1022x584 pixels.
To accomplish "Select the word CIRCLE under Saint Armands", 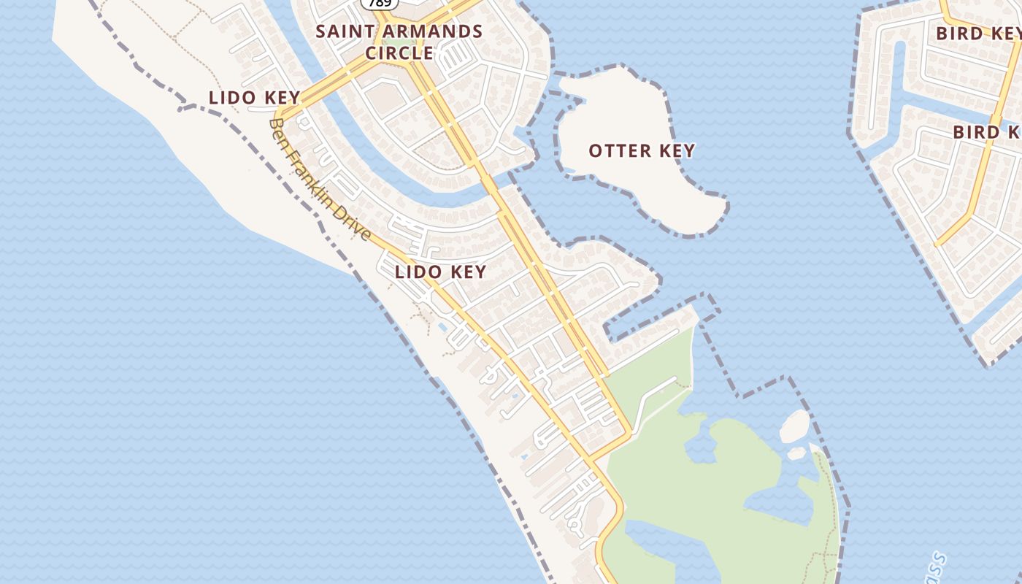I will click(399, 53).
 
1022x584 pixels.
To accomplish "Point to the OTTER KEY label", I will click(642, 151).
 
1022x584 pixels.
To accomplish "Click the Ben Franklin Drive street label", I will click(320, 180).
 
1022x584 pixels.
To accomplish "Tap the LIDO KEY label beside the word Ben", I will click(254, 97).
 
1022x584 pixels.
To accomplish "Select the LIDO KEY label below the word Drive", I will click(440, 272).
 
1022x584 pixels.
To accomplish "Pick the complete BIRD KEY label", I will click(979, 33).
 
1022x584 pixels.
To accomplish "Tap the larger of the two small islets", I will click(795, 426).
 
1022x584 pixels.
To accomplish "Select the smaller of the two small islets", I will click(797, 453).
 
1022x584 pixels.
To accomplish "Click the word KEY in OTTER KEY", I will click(677, 151).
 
